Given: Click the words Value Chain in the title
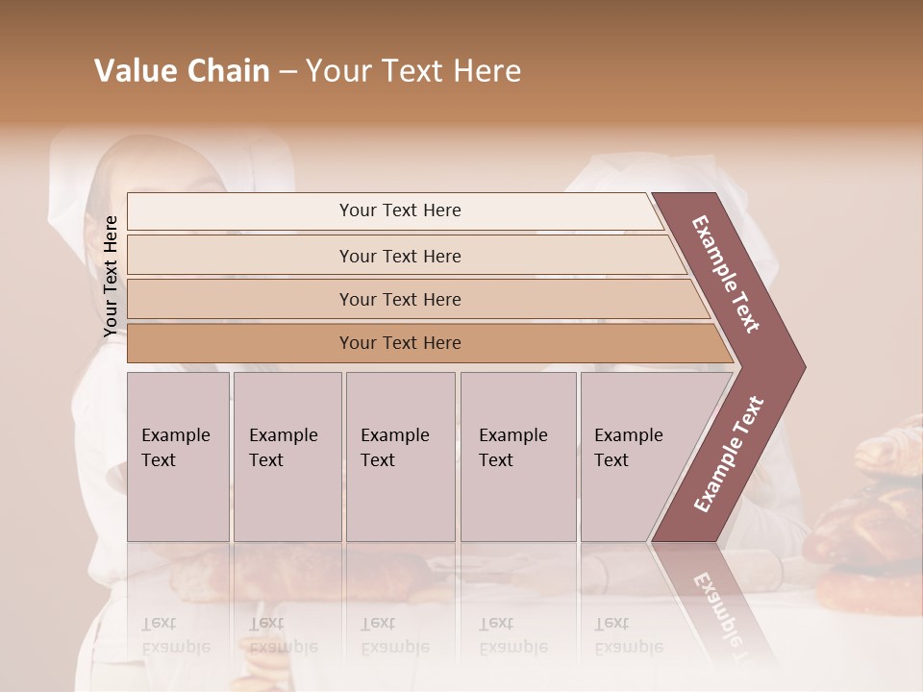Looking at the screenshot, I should pos(182,71).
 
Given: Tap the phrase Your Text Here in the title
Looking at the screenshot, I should pos(413,71).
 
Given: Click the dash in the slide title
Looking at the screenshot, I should pos(287,72).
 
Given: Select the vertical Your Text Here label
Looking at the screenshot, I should pos(111,276).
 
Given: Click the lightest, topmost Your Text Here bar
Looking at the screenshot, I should pos(399,210).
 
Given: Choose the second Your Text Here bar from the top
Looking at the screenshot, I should pos(399,256).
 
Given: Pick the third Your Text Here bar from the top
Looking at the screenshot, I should pos(399,299).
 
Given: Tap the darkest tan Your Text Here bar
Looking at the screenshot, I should pos(399,343).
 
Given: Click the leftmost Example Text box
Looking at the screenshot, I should pos(178,457).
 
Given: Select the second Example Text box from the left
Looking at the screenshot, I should pos(287,457).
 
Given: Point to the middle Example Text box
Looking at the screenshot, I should pos(400,457).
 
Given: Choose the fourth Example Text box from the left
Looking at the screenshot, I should pos(517,457).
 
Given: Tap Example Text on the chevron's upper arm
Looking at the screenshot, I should pos(726,274).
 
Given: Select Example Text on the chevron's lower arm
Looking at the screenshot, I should pos(728,455).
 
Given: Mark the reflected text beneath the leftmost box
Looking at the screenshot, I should pos(175,635).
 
